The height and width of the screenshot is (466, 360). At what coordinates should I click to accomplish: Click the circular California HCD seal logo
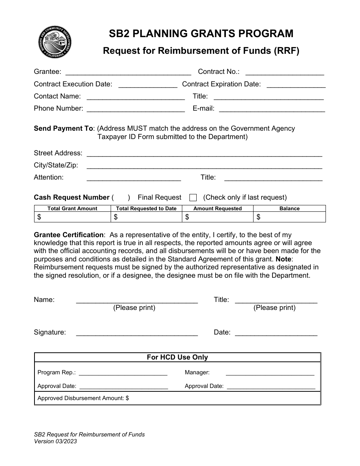pyautogui.click(x=56, y=42)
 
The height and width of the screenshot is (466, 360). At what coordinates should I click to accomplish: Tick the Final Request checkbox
pyautogui.click(x=193, y=197)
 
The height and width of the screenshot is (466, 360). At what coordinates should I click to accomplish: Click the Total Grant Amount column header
pyautogui.click(x=72, y=208)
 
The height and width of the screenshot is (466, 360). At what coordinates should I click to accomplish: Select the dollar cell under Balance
pyautogui.click(x=290, y=217)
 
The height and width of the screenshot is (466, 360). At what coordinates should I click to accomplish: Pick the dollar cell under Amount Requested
pyautogui.click(x=218, y=217)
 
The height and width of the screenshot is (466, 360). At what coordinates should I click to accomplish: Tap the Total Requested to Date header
pyautogui.click(x=146, y=208)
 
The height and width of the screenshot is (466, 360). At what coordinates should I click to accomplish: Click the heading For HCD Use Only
pyautogui.click(x=177, y=357)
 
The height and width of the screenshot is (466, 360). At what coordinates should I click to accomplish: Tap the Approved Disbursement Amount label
pyautogui.click(x=83, y=398)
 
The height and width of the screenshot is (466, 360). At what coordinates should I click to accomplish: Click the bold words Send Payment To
pyautogui.click(x=63, y=128)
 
